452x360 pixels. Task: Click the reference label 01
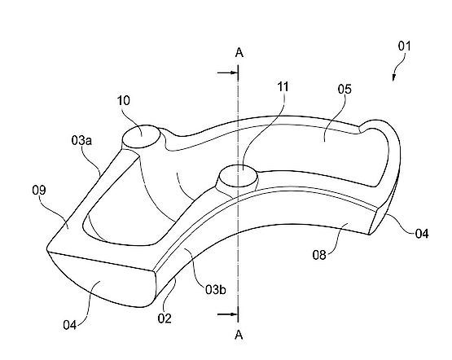[x=404, y=46]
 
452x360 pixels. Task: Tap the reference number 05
[x=344, y=90]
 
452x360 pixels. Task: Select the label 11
[x=283, y=86]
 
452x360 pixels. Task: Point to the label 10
[x=124, y=101]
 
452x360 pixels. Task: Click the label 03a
[x=81, y=140]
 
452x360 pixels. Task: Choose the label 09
[x=39, y=191]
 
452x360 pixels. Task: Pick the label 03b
[x=216, y=289]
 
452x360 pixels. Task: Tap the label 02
[x=165, y=318]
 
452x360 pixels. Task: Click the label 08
[x=319, y=255]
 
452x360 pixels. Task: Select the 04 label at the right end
[x=422, y=234]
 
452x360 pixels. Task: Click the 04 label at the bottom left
[x=70, y=325]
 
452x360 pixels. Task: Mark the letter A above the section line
[x=239, y=53]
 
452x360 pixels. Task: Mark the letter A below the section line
[x=239, y=335]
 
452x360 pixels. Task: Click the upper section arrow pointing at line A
[x=227, y=72]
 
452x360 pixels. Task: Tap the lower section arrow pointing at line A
[x=227, y=314]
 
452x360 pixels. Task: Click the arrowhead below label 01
[x=393, y=77]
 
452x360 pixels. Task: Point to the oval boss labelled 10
[x=141, y=137]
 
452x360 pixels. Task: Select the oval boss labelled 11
[x=238, y=176]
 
